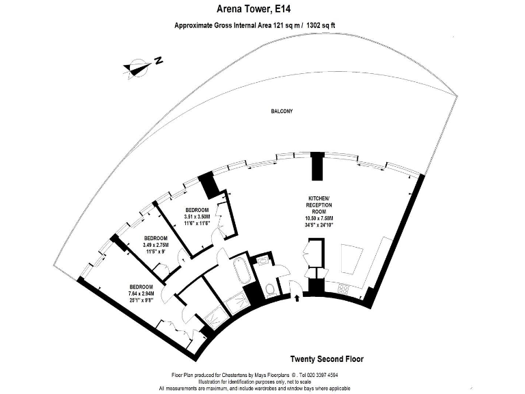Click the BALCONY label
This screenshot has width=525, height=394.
tap(282, 111)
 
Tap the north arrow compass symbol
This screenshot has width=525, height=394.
tap(136, 67)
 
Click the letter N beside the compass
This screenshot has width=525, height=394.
tap(159, 60)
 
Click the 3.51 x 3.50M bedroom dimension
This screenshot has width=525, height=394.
tap(197, 216)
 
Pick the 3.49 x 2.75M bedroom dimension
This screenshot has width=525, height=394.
tap(156, 245)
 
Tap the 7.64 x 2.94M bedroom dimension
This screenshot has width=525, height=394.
tap(141, 293)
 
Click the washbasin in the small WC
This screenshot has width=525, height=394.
tap(262, 260)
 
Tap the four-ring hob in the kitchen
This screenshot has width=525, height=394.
tap(344, 288)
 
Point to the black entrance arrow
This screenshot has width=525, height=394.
tap(297, 298)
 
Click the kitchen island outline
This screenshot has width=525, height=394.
tap(351, 259)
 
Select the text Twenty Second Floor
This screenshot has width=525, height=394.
tap(327, 359)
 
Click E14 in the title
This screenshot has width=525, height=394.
tap(282, 9)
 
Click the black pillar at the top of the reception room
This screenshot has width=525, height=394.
tap(317, 166)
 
